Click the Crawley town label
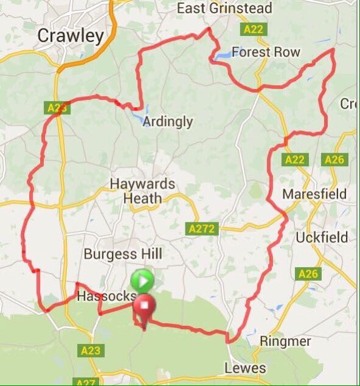pos(71,36)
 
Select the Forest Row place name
pos(266,52)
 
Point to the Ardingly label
pos(167,122)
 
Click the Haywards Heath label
pos(142,191)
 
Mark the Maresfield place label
pos(314,194)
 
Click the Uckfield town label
pos(322,237)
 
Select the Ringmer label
pos(285,341)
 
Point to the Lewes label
pos(245,368)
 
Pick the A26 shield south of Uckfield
pos(309,275)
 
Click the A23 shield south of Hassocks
pos(91,351)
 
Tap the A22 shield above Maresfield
pos(294,160)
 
